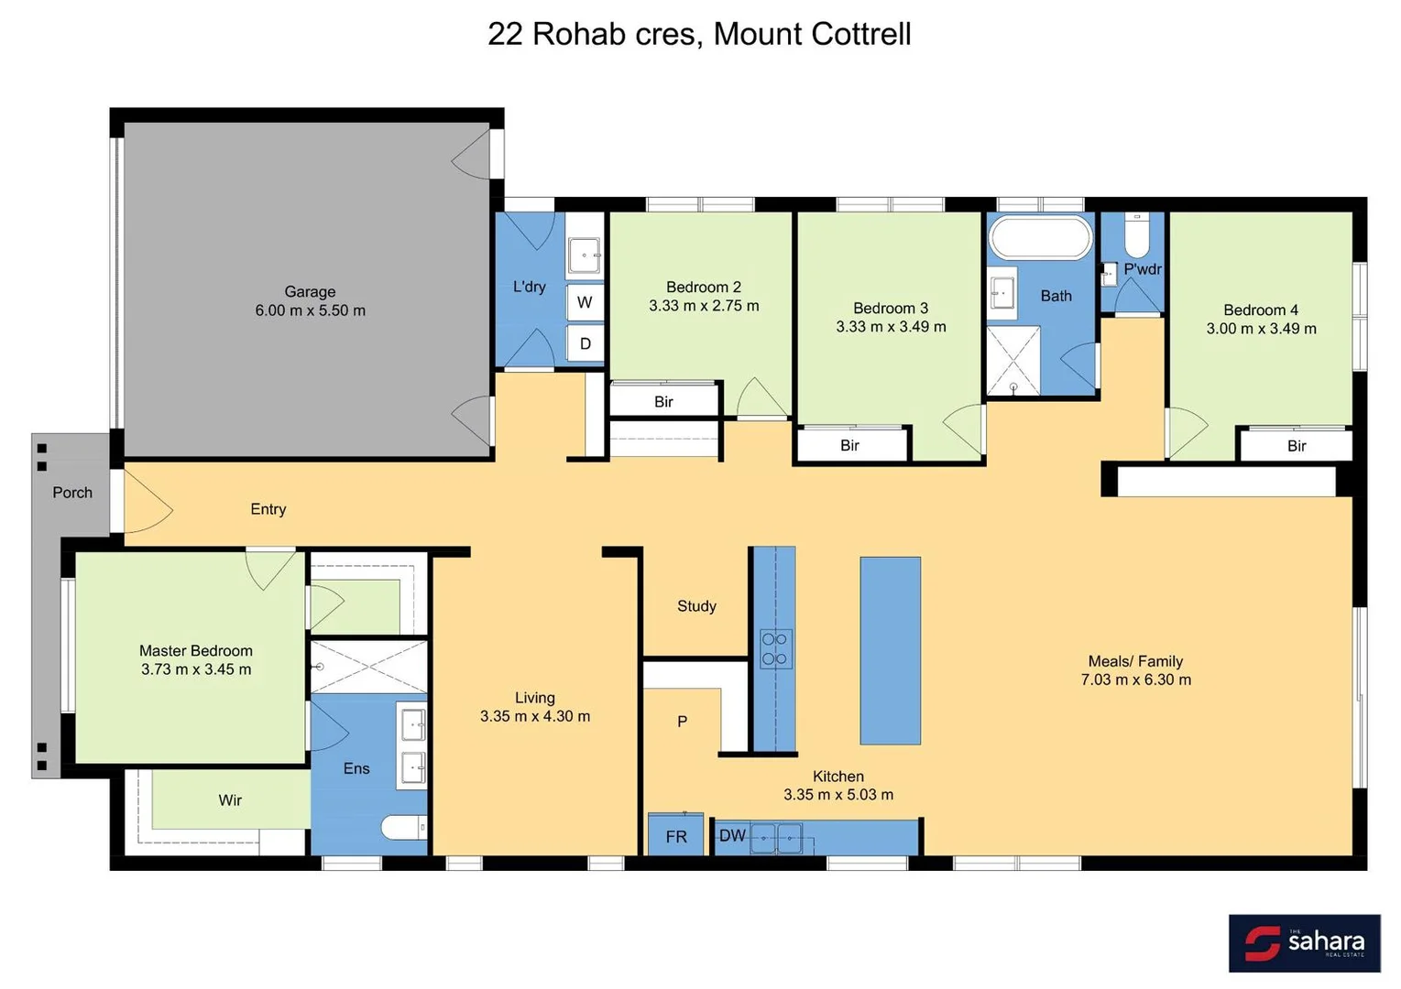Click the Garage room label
pos(310,292)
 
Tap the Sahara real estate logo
pos(1304,942)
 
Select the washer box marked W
pos(585,302)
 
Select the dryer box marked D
pos(585,344)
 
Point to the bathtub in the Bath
pos(1040,238)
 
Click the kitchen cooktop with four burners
pos(774,648)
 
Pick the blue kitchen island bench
pos(890,650)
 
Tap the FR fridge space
pos(676,836)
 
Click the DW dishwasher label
pos(732,835)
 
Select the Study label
pos(696,606)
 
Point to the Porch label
pos(72,493)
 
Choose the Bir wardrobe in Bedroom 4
pos(1296,446)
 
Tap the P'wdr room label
pos(1142,269)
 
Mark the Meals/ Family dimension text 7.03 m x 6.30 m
pos(1135,679)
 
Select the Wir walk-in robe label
pos(230,800)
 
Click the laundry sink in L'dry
pos(584,255)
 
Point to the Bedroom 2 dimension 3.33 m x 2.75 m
pos(704,306)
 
